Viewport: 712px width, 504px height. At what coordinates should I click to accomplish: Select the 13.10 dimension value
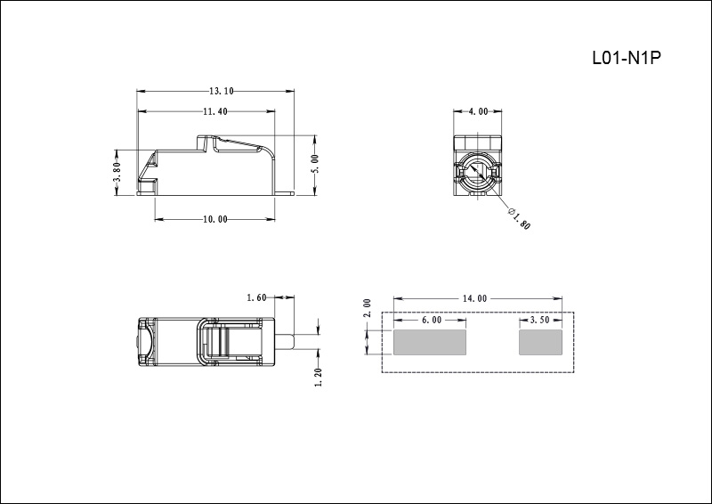(221, 91)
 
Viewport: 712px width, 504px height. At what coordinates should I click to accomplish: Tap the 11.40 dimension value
(215, 112)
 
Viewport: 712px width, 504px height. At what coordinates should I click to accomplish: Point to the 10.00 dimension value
(215, 219)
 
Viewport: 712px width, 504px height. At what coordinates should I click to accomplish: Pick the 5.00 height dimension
(315, 164)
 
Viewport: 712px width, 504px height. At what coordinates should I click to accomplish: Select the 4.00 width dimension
(478, 112)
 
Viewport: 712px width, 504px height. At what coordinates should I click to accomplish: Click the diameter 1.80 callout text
(519, 218)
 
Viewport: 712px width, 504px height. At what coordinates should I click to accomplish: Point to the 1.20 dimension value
(319, 378)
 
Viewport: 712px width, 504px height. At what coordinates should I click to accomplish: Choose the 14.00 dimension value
(475, 299)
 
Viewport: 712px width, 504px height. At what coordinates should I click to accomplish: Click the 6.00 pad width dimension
(431, 320)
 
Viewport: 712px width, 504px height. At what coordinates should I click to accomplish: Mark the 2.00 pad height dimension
(367, 309)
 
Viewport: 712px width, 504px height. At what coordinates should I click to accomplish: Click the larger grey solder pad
(430, 342)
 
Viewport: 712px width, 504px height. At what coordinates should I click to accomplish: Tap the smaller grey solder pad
(541, 342)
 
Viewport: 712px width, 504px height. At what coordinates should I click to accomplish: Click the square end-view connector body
(479, 166)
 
